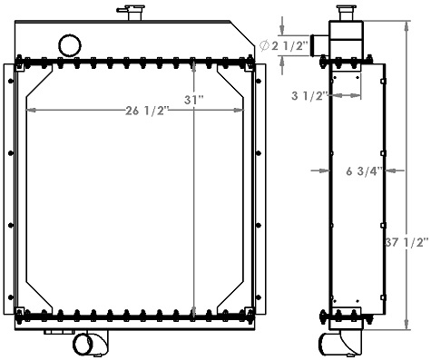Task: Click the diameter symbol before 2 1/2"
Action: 263,45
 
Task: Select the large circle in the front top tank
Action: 69,44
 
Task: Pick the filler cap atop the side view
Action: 345,15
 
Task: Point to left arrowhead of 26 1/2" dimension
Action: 32,112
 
